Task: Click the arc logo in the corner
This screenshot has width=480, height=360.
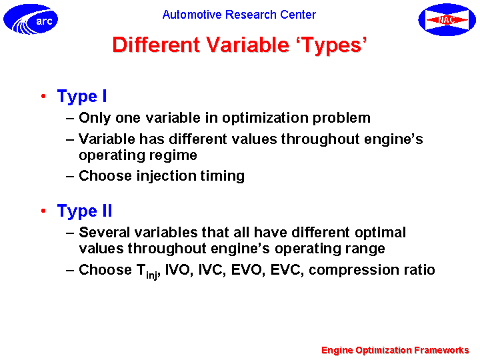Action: tap(31, 19)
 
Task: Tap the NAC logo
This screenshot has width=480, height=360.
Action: tap(447, 19)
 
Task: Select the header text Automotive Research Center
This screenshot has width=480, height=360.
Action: tap(239, 15)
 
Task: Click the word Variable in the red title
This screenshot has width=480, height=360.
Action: tap(247, 45)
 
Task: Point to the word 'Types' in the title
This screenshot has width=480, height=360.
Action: tap(332, 45)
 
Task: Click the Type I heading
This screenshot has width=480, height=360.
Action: tap(82, 97)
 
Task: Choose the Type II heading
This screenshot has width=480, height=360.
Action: tap(85, 211)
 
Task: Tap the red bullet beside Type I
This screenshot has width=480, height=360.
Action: tap(43, 96)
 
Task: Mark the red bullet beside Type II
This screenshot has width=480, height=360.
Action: tap(43, 211)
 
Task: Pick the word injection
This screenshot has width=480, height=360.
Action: tap(166, 176)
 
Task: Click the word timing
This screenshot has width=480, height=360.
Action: tap(223, 176)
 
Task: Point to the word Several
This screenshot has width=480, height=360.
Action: tap(105, 233)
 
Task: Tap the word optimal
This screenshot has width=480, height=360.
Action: tap(380, 233)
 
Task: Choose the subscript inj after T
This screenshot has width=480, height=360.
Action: tap(152, 275)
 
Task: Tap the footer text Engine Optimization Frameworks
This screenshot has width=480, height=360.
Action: tap(395, 350)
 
